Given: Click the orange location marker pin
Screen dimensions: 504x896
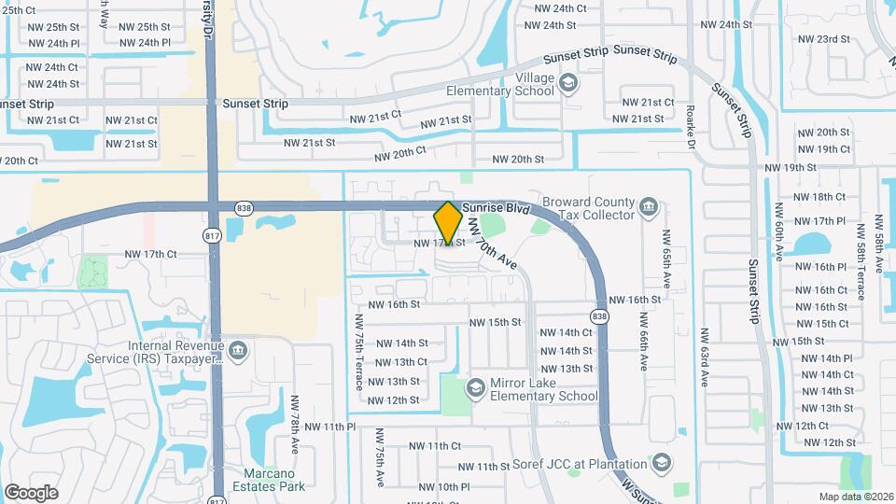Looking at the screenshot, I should tap(448, 222).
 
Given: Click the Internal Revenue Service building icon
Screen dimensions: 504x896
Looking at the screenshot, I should tap(238, 351).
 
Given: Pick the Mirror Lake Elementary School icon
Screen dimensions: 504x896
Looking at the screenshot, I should tap(476, 386).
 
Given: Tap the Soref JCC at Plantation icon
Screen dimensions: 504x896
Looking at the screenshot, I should tap(662, 463).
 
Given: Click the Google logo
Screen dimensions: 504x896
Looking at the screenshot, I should tap(31, 492).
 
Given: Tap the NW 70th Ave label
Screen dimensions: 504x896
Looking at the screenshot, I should tap(491, 240).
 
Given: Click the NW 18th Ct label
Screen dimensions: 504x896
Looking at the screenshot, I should tap(819, 197).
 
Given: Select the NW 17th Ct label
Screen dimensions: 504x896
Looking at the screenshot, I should tap(150, 254).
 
